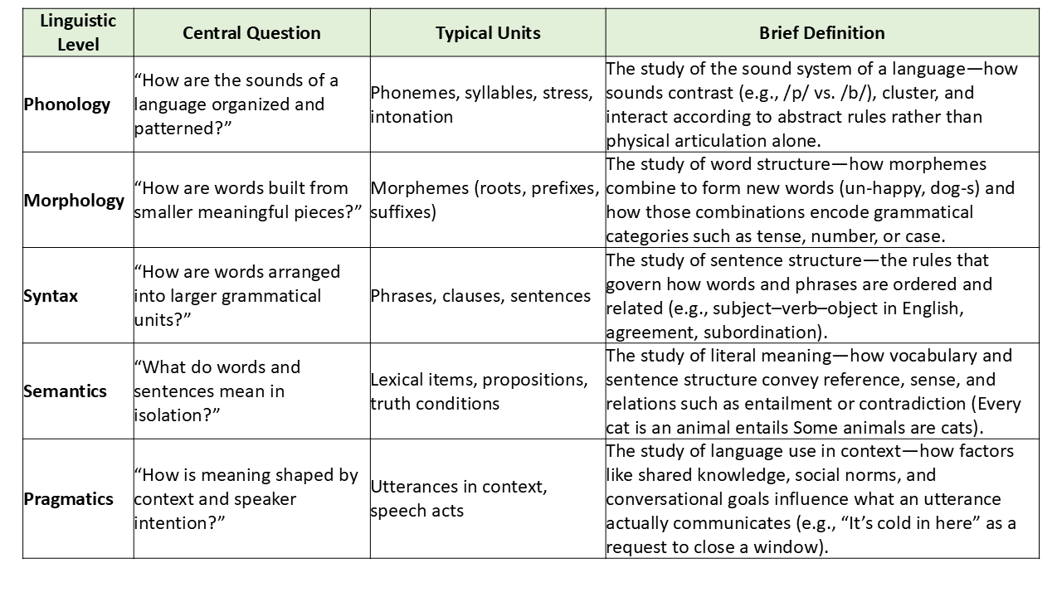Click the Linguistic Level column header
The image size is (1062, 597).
pos(78,32)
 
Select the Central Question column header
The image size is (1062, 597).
pos(251,33)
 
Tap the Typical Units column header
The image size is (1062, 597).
pos(488,33)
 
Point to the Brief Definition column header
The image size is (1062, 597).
pos(821,33)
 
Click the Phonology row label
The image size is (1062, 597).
pos(67,104)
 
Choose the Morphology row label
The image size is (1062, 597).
pos(74,201)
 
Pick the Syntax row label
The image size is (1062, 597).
pos(51,296)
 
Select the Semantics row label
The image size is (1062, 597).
pos(65,391)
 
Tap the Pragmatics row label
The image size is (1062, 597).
pos(68,499)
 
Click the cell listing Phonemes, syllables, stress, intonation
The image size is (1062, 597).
pos(482,104)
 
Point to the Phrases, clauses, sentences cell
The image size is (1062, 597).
pos(480,296)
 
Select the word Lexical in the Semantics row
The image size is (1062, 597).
pos(397,380)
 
